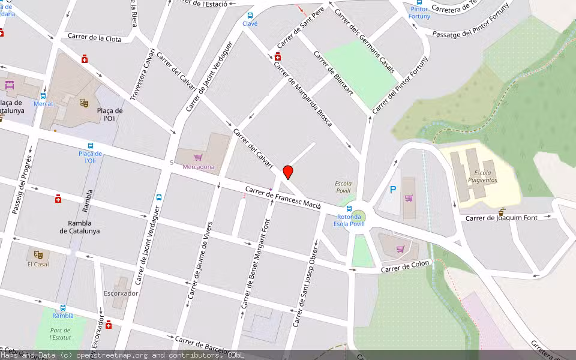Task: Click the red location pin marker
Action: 288,172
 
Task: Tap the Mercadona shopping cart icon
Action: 198,157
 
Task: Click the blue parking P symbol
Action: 393,190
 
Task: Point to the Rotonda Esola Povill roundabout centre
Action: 358,214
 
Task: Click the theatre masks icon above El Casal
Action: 38,254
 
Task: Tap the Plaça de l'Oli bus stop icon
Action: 91,146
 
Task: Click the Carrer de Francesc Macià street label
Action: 283,199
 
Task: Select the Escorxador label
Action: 121,293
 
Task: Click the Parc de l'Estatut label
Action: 61,334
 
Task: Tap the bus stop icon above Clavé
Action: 250,15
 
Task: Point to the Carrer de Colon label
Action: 406,268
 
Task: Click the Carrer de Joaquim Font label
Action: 502,218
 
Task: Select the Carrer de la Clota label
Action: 94,38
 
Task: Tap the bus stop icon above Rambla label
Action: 63,307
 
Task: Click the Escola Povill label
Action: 343,187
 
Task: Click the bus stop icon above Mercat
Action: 43,95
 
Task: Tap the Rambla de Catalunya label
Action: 80,227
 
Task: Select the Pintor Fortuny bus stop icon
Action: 419,2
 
